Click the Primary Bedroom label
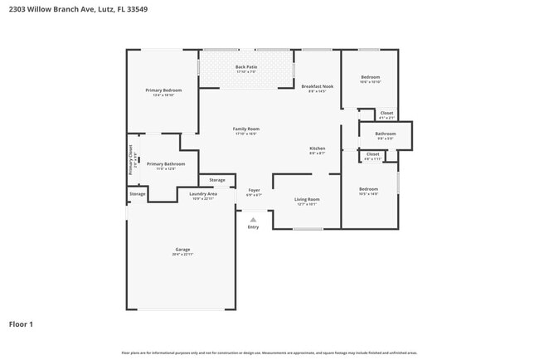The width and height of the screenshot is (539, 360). click(x=163, y=90)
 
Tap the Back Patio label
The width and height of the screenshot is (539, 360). click(x=246, y=66)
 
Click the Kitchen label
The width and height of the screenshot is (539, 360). click(x=317, y=148)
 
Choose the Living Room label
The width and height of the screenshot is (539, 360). click(x=307, y=199)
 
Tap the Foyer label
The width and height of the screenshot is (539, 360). click(x=255, y=190)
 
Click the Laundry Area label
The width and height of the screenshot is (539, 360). click(x=203, y=194)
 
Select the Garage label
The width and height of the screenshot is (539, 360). click(x=182, y=249)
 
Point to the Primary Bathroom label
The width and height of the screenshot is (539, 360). click(x=166, y=163)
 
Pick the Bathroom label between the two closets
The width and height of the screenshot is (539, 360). click(x=385, y=133)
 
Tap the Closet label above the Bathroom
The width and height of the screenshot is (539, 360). click(x=386, y=113)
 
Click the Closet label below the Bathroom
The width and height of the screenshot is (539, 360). click(x=372, y=153)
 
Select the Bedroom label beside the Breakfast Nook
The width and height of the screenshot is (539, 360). click(x=370, y=77)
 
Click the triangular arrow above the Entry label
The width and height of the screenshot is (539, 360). click(x=253, y=219)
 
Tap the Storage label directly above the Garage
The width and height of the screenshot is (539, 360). click(x=137, y=194)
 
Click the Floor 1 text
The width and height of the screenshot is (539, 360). click(x=21, y=324)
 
